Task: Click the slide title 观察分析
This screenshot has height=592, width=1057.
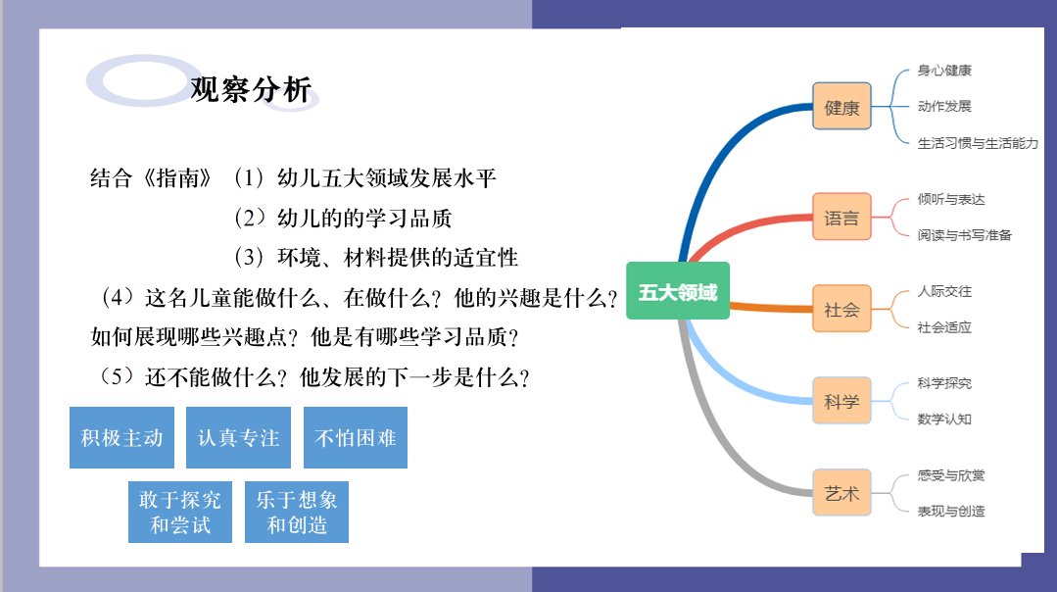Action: click(251, 89)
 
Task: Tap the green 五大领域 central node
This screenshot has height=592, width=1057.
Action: click(678, 290)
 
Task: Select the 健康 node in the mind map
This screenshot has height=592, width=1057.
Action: click(841, 106)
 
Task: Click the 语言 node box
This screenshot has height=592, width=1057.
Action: click(841, 217)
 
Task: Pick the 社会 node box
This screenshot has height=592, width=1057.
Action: click(841, 309)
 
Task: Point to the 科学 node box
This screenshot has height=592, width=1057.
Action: click(841, 401)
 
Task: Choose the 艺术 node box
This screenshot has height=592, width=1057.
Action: click(841, 492)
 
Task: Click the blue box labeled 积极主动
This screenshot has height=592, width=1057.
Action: click(122, 437)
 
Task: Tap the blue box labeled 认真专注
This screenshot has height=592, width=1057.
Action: click(239, 437)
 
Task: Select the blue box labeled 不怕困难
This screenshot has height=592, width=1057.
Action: click(356, 437)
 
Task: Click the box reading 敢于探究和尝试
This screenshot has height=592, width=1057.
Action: click(180, 512)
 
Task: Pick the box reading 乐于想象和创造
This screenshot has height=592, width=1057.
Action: click(297, 512)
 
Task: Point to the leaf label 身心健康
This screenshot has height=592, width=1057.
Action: click(944, 71)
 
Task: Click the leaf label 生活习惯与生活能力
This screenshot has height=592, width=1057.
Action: click(978, 143)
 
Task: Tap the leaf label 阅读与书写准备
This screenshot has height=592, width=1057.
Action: click(964, 234)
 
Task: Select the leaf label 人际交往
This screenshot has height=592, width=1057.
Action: click(944, 291)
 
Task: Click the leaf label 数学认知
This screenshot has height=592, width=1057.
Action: click(944, 419)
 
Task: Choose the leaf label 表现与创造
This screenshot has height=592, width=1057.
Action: click(951, 511)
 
